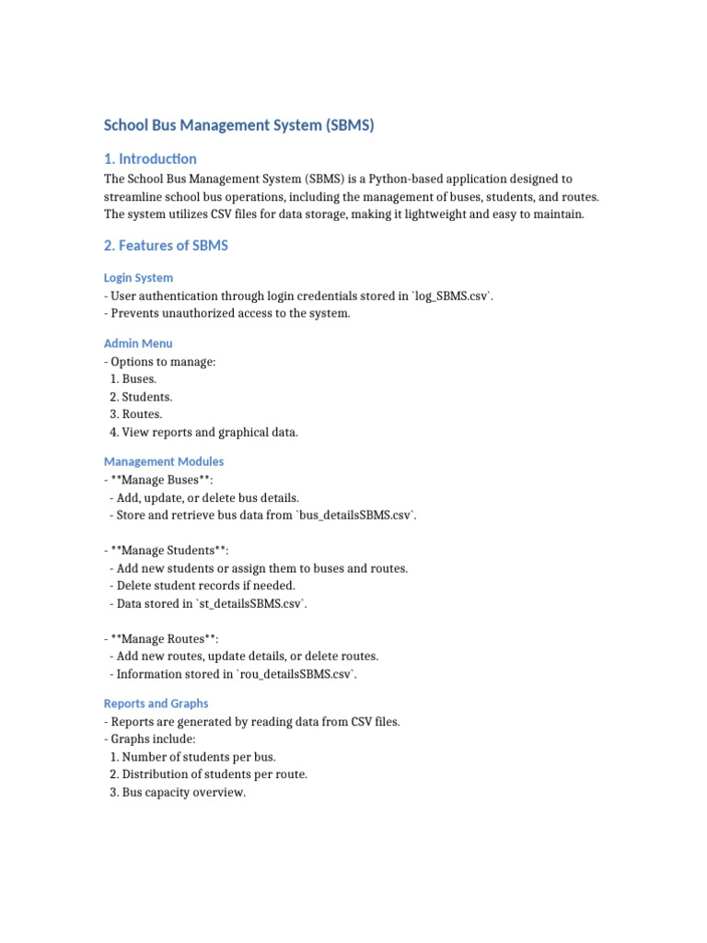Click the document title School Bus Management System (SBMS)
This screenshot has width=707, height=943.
click(238, 125)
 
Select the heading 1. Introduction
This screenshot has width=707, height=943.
click(150, 158)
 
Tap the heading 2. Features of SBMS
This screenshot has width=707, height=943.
click(166, 245)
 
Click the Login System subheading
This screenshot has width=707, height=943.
click(138, 277)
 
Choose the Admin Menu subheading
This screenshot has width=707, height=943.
click(138, 343)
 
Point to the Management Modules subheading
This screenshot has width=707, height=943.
click(164, 461)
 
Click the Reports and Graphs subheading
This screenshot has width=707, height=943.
click(156, 704)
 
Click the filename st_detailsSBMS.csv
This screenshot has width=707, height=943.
click(249, 603)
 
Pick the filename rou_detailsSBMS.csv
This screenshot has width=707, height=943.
click(297, 674)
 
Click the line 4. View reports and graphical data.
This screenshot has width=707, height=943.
click(203, 432)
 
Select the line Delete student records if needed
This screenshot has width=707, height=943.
click(204, 586)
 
